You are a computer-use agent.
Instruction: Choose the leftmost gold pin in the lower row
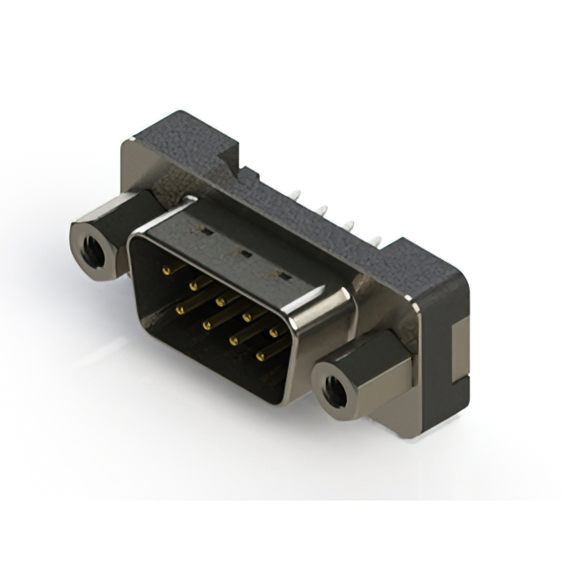(x=182, y=306)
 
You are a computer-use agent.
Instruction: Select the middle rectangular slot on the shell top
(x=246, y=255)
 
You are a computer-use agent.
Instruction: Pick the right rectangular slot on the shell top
(x=283, y=276)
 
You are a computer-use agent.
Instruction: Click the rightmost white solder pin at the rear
(x=378, y=238)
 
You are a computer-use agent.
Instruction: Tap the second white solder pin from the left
(x=323, y=210)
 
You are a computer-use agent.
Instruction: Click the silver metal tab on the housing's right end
(x=458, y=351)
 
